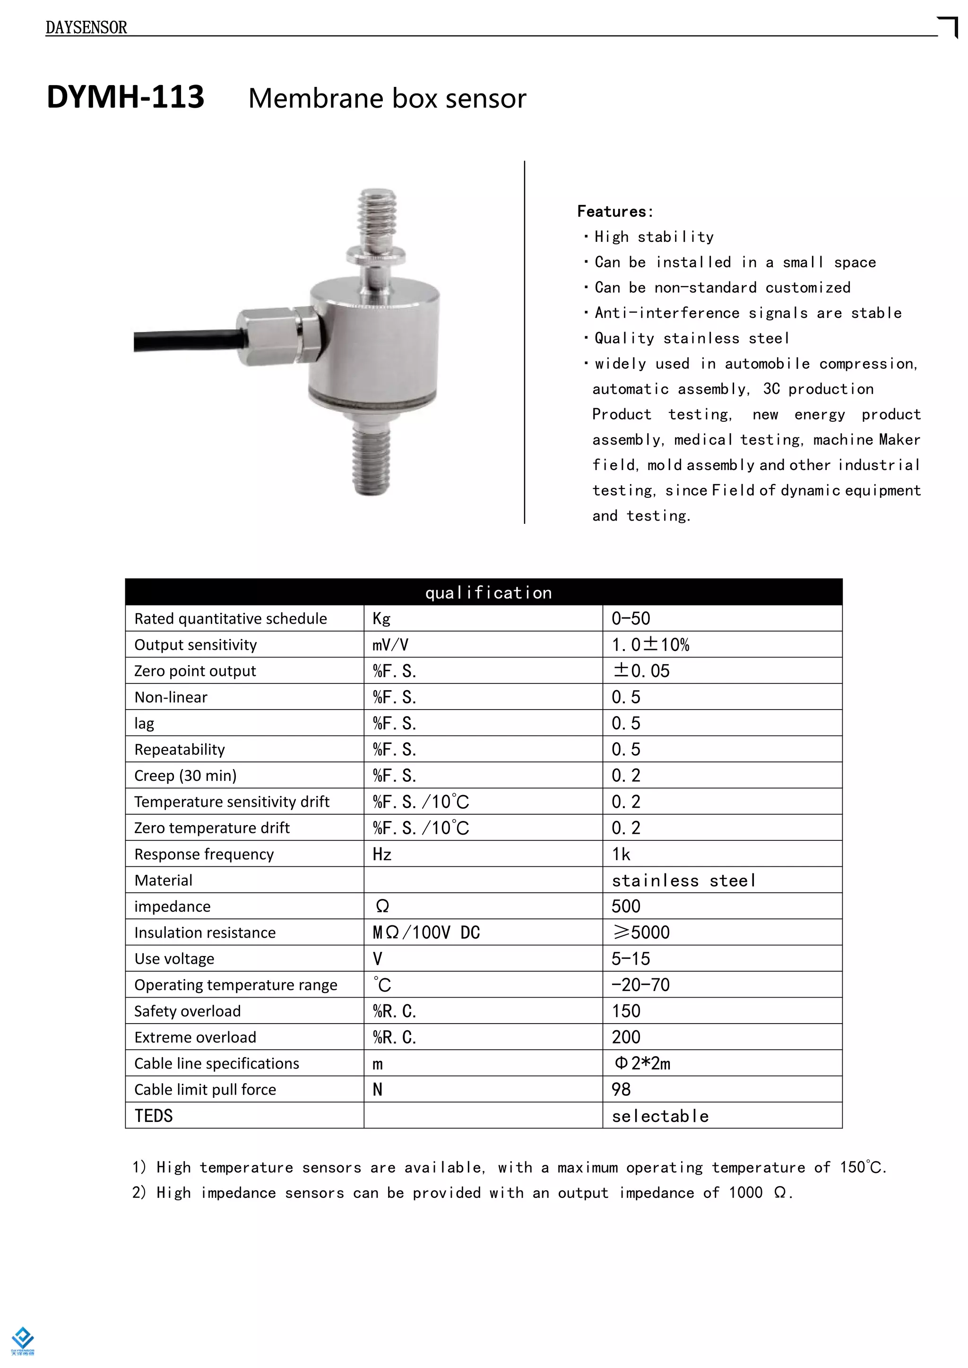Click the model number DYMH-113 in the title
pyautogui.click(x=125, y=97)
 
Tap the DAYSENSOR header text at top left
pyautogui.click(x=86, y=27)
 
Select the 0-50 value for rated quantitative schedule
pyautogui.click(x=631, y=618)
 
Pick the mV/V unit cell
pyautogui.click(x=390, y=645)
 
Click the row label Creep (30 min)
pyautogui.click(x=185, y=775)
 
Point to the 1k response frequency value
pyautogui.click(x=621, y=854)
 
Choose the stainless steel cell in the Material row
pyautogui.click(x=683, y=880)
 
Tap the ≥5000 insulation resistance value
pyautogui.click(x=641, y=932)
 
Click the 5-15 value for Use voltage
pyautogui.click(x=631, y=958)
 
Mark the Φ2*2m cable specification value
pyautogui.click(x=642, y=1063)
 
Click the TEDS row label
pyautogui.click(x=153, y=1115)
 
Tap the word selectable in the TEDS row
pyautogui.click(x=660, y=1116)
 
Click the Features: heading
pyautogui.click(x=615, y=212)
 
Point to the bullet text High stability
pyautogui.click(x=653, y=237)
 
